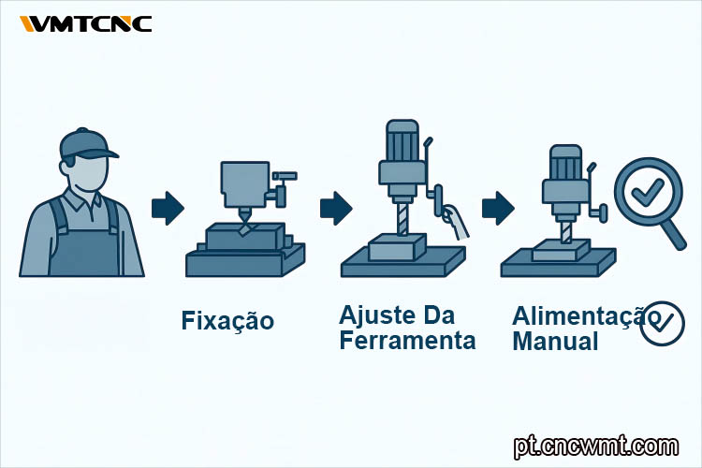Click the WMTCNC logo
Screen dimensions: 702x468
point(85,23)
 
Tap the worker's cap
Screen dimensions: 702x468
point(87,144)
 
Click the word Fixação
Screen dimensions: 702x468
point(227,322)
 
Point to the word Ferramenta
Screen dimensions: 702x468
point(407,341)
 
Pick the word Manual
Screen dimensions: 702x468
point(555,342)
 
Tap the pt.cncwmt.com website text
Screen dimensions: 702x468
point(596,446)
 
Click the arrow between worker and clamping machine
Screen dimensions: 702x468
point(168,208)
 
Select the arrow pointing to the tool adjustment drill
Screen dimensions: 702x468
point(336,208)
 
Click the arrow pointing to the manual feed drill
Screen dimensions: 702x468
point(498,208)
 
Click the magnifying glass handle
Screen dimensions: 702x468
point(672,234)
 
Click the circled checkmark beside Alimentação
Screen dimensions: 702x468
point(662,323)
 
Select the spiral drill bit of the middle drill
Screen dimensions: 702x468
point(402,218)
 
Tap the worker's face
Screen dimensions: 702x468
point(90,174)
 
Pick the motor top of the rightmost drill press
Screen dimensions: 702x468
point(566,162)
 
